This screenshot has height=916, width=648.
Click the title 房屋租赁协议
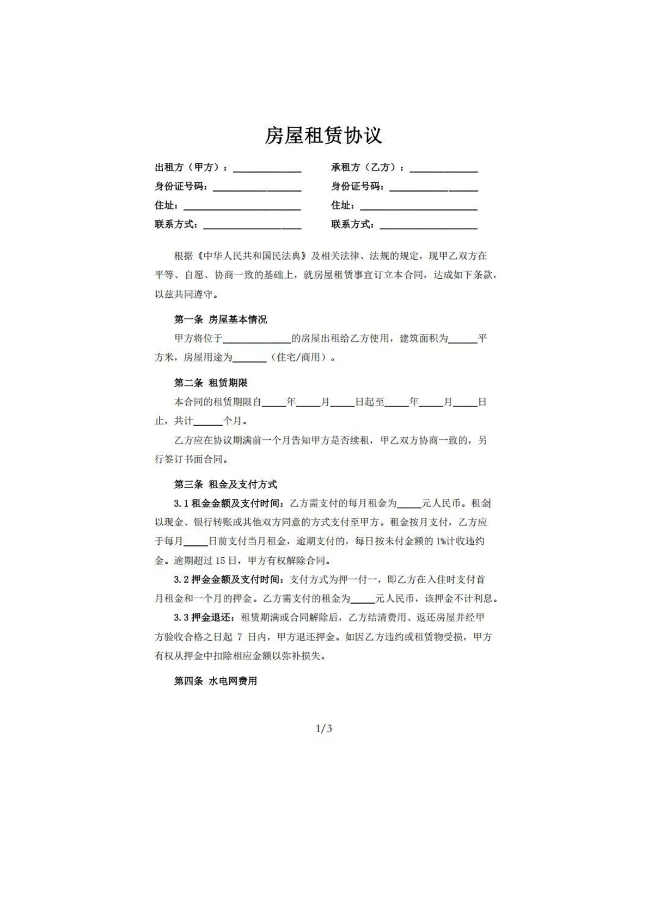[x=323, y=136]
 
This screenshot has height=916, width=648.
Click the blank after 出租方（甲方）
[x=267, y=169]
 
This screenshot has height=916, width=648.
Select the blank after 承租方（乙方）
[x=443, y=169]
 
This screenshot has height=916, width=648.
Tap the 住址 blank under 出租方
[x=242, y=206]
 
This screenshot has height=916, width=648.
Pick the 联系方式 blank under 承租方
[x=428, y=225]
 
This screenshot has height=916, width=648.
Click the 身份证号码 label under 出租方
[x=181, y=187]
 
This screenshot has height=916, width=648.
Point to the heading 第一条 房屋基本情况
[x=221, y=319]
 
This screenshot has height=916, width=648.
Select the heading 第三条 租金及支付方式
[x=225, y=484]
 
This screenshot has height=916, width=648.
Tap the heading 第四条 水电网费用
[x=216, y=681]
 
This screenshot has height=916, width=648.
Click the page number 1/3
[x=324, y=729]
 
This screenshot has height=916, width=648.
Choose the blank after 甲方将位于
[x=257, y=339]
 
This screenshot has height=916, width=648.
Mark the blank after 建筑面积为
[x=463, y=339]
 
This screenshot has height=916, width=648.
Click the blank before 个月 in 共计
[x=208, y=421]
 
